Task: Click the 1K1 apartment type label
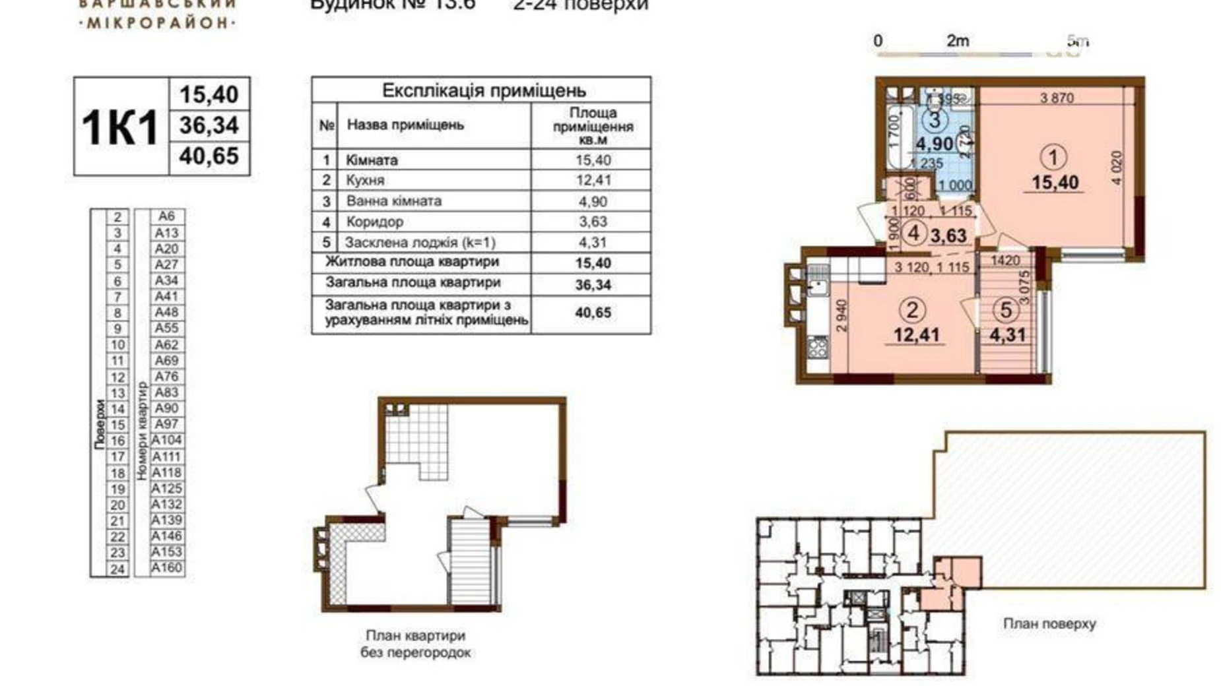(120, 127)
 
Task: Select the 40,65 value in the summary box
(209, 156)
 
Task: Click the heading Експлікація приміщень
(483, 90)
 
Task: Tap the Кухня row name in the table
(365, 180)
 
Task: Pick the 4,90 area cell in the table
(592, 201)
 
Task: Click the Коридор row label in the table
(374, 222)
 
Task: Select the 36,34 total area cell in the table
(592, 285)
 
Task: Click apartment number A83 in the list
(166, 392)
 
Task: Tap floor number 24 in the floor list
(117, 569)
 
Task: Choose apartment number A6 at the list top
(166, 216)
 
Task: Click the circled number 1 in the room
(1053, 158)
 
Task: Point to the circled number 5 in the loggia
(1006, 309)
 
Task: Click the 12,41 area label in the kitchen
(916, 335)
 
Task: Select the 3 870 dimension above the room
(1057, 98)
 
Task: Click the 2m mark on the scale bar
(957, 41)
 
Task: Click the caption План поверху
(1049, 623)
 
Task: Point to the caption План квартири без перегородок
(415, 644)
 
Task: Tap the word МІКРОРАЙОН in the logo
(158, 23)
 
